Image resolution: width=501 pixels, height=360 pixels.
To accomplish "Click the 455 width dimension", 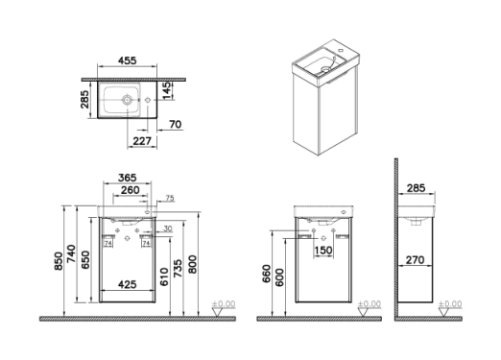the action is click(x=128, y=60).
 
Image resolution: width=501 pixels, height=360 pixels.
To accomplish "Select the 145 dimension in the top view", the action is click(x=167, y=90).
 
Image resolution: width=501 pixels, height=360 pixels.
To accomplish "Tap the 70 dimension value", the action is click(x=176, y=124).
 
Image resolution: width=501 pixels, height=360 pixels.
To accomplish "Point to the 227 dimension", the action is click(x=142, y=141).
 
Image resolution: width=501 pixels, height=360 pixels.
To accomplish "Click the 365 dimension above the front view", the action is click(x=128, y=178).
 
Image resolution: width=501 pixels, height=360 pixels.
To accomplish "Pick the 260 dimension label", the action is click(x=131, y=190).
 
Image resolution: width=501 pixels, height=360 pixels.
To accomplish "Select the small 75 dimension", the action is click(x=170, y=199).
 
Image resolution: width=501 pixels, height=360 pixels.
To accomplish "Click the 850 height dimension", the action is click(x=59, y=261).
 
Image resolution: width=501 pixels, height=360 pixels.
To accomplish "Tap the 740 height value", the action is click(x=71, y=253).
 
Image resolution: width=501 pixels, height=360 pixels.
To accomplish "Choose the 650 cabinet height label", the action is click(x=85, y=260).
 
